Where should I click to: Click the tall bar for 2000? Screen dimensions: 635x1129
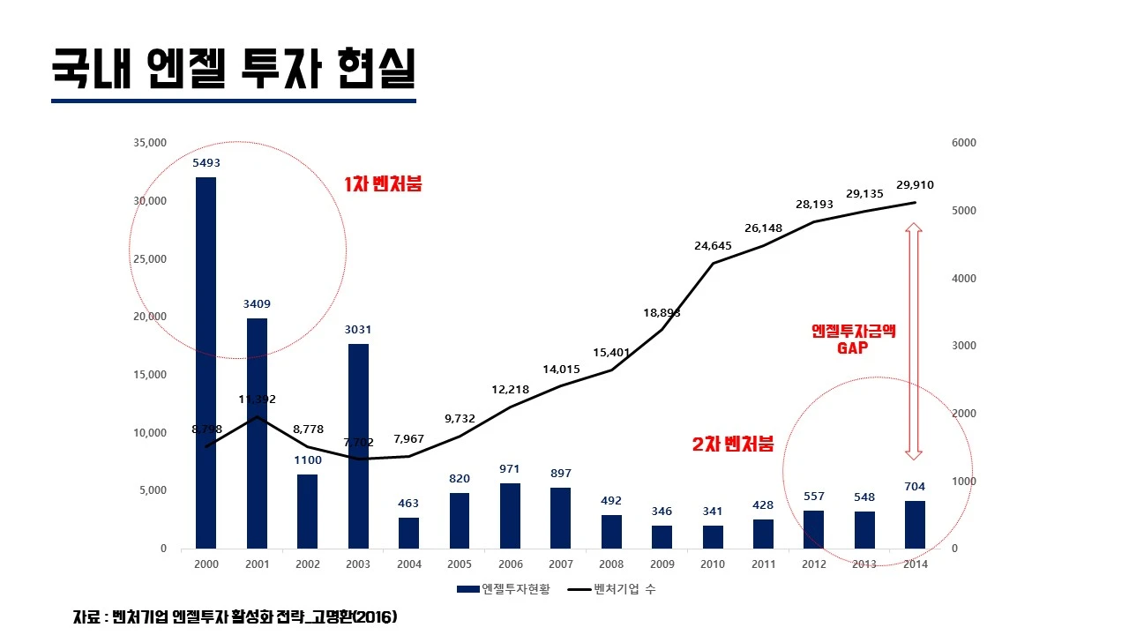(x=206, y=362)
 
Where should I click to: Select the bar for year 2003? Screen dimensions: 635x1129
(x=358, y=445)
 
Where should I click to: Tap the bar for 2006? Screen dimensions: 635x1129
(x=510, y=516)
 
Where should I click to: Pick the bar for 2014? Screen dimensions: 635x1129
(x=915, y=525)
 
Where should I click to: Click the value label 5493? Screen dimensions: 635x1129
(x=206, y=162)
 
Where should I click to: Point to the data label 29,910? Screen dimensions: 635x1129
(x=915, y=185)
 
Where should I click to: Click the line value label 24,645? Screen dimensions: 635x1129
(x=713, y=246)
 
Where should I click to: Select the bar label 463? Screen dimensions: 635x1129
(x=408, y=504)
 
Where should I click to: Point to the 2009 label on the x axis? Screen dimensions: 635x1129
(x=662, y=564)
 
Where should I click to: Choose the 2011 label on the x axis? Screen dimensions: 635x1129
(x=763, y=564)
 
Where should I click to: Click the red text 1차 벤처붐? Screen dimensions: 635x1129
(x=383, y=185)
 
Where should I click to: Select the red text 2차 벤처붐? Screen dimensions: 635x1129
(x=732, y=445)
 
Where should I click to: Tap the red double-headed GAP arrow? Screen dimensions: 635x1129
(x=914, y=340)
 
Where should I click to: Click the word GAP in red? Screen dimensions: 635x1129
(x=853, y=348)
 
